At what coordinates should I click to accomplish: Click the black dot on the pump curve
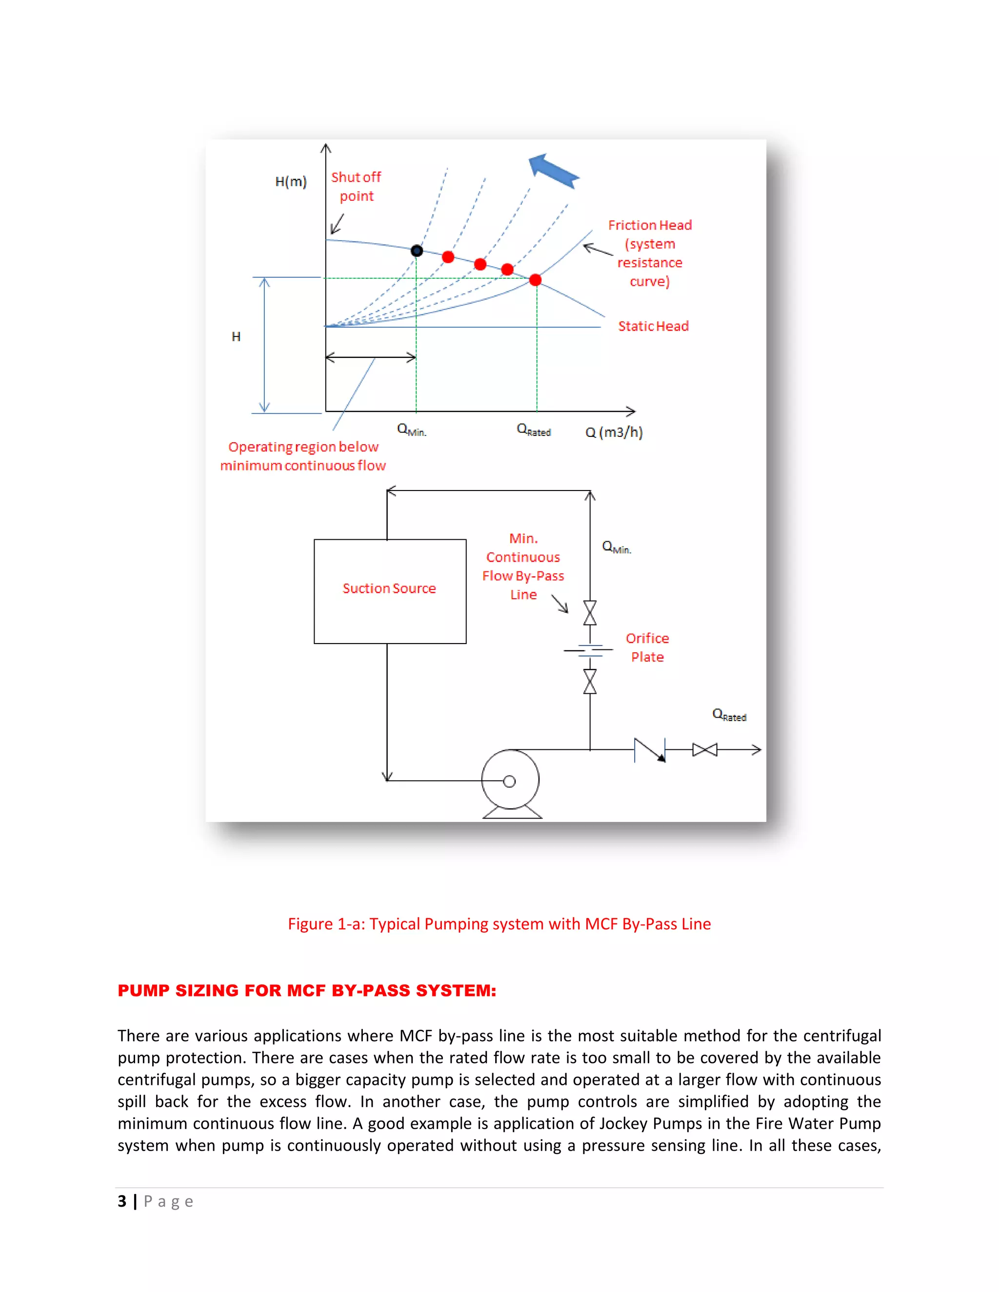417,251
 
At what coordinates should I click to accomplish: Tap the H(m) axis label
291,182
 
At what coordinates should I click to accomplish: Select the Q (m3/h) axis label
614,432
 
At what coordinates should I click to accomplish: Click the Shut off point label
356,186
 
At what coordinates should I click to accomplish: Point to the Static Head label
653,326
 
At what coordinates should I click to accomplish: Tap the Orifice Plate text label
647,647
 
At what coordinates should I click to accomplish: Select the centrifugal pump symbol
510,781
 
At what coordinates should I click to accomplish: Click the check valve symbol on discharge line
649,750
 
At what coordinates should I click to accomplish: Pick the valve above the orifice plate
589,613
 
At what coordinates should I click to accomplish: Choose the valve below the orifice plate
589,682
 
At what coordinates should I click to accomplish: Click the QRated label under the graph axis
533,430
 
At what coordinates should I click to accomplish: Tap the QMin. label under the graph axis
411,430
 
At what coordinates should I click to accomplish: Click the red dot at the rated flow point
535,280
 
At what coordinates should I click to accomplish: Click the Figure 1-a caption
499,924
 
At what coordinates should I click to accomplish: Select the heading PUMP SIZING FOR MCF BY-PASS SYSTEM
306,990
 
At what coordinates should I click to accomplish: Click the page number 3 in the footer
122,1201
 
